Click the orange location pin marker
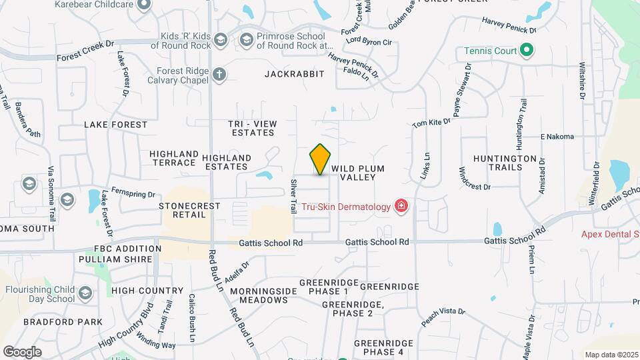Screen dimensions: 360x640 [321, 159]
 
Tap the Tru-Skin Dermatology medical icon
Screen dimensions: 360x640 [401, 206]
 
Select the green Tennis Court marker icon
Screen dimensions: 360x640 [526, 51]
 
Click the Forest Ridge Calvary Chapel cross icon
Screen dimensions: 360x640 [220, 75]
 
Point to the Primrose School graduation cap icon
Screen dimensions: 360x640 [246, 41]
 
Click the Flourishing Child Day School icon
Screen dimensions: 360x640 [85, 293]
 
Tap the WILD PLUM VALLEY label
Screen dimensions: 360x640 [358, 173]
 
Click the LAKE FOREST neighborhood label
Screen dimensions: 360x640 [115, 125]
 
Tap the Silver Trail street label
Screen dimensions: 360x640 [293, 196]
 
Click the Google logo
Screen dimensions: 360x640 [22, 351]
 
